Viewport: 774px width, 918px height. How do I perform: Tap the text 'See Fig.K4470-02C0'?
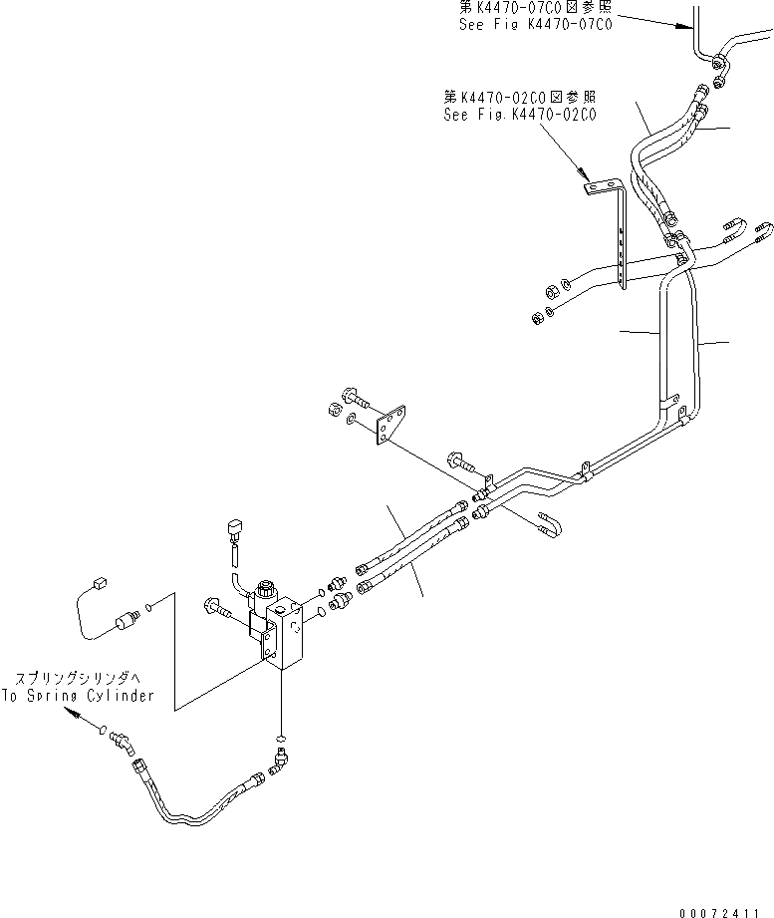tap(519, 115)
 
